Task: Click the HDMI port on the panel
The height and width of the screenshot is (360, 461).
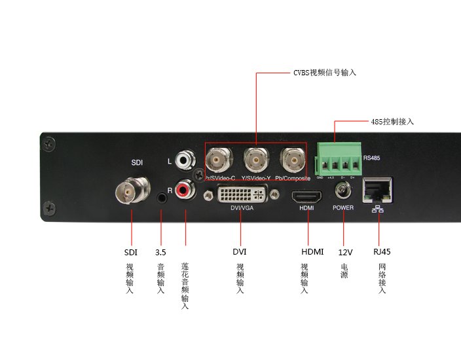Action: pos(306,195)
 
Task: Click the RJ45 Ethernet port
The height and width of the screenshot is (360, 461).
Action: pos(378,190)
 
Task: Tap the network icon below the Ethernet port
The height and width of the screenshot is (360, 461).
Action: pos(378,209)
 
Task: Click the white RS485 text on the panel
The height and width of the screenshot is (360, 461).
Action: pos(371,157)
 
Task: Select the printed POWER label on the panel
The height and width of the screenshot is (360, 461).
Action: pos(342,207)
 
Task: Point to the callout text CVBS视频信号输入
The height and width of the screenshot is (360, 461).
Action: pos(325,72)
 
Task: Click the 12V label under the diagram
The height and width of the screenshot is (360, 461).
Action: pos(345,251)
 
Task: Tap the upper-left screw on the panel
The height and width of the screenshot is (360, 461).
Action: pos(50,147)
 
